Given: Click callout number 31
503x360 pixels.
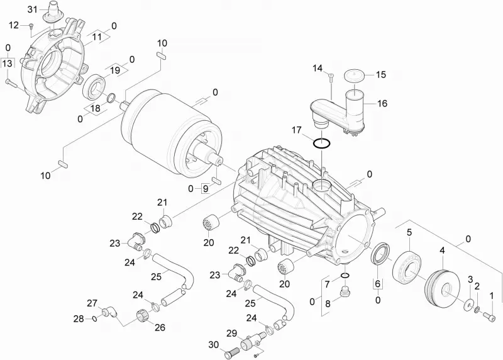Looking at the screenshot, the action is pyautogui.click(x=33, y=9).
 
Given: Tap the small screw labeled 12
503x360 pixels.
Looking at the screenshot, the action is pyautogui.click(x=31, y=25).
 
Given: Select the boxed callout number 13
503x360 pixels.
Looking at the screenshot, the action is pyautogui.click(x=7, y=63).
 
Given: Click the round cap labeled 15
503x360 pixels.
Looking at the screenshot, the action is pyautogui.click(x=355, y=76).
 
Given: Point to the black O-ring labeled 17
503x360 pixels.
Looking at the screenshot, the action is pyautogui.click(x=322, y=143).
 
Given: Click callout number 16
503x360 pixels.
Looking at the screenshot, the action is pyautogui.click(x=382, y=103).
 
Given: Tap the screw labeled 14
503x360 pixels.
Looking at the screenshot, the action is pyautogui.click(x=331, y=76).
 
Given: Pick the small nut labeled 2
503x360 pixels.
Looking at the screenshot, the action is pyautogui.click(x=477, y=310).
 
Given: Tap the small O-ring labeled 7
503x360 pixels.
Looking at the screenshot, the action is pyautogui.click(x=345, y=276).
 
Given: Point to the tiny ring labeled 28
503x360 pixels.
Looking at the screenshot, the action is pyautogui.click(x=94, y=318).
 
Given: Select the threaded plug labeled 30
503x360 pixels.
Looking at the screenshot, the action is pyautogui.click(x=233, y=352).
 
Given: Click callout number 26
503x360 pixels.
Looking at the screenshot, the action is pyautogui.click(x=160, y=327).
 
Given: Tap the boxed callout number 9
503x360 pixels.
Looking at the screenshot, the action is pyautogui.click(x=206, y=189).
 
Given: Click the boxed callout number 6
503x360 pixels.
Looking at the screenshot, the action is pyautogui.click(x=378, y=284).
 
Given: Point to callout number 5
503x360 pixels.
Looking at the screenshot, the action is pyautogui.click(x=409, y=232).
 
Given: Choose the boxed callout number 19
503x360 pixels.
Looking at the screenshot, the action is pyautogui.click(x=115, y=70).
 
